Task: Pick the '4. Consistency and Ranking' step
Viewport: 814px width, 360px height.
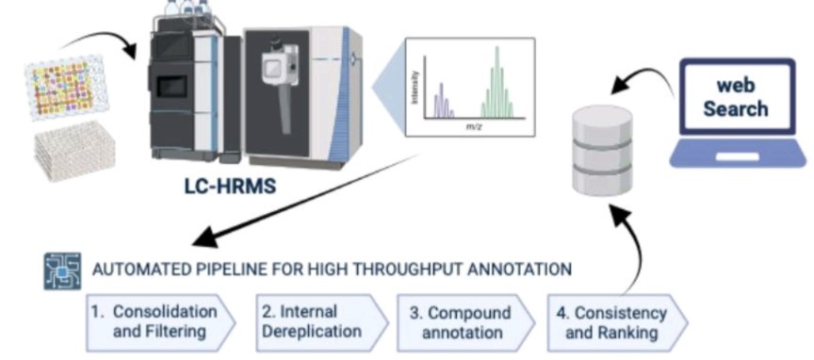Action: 608,321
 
